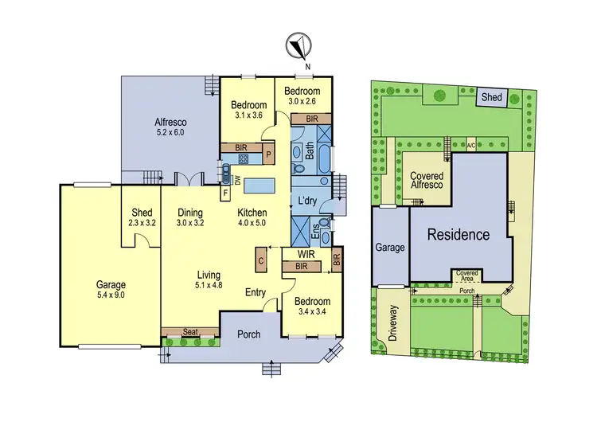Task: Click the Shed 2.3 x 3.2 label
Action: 142,218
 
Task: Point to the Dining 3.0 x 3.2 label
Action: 189,218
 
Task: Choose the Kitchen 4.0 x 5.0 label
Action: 252,218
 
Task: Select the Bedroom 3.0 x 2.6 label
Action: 302,96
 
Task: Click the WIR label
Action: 305,255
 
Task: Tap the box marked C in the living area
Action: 259,260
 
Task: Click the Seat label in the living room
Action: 189,331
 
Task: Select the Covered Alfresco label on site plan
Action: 427,181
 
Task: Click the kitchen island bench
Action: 258,186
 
